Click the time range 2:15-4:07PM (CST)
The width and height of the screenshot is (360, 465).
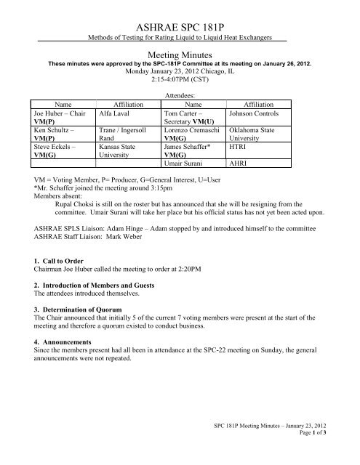tap(180, 80)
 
